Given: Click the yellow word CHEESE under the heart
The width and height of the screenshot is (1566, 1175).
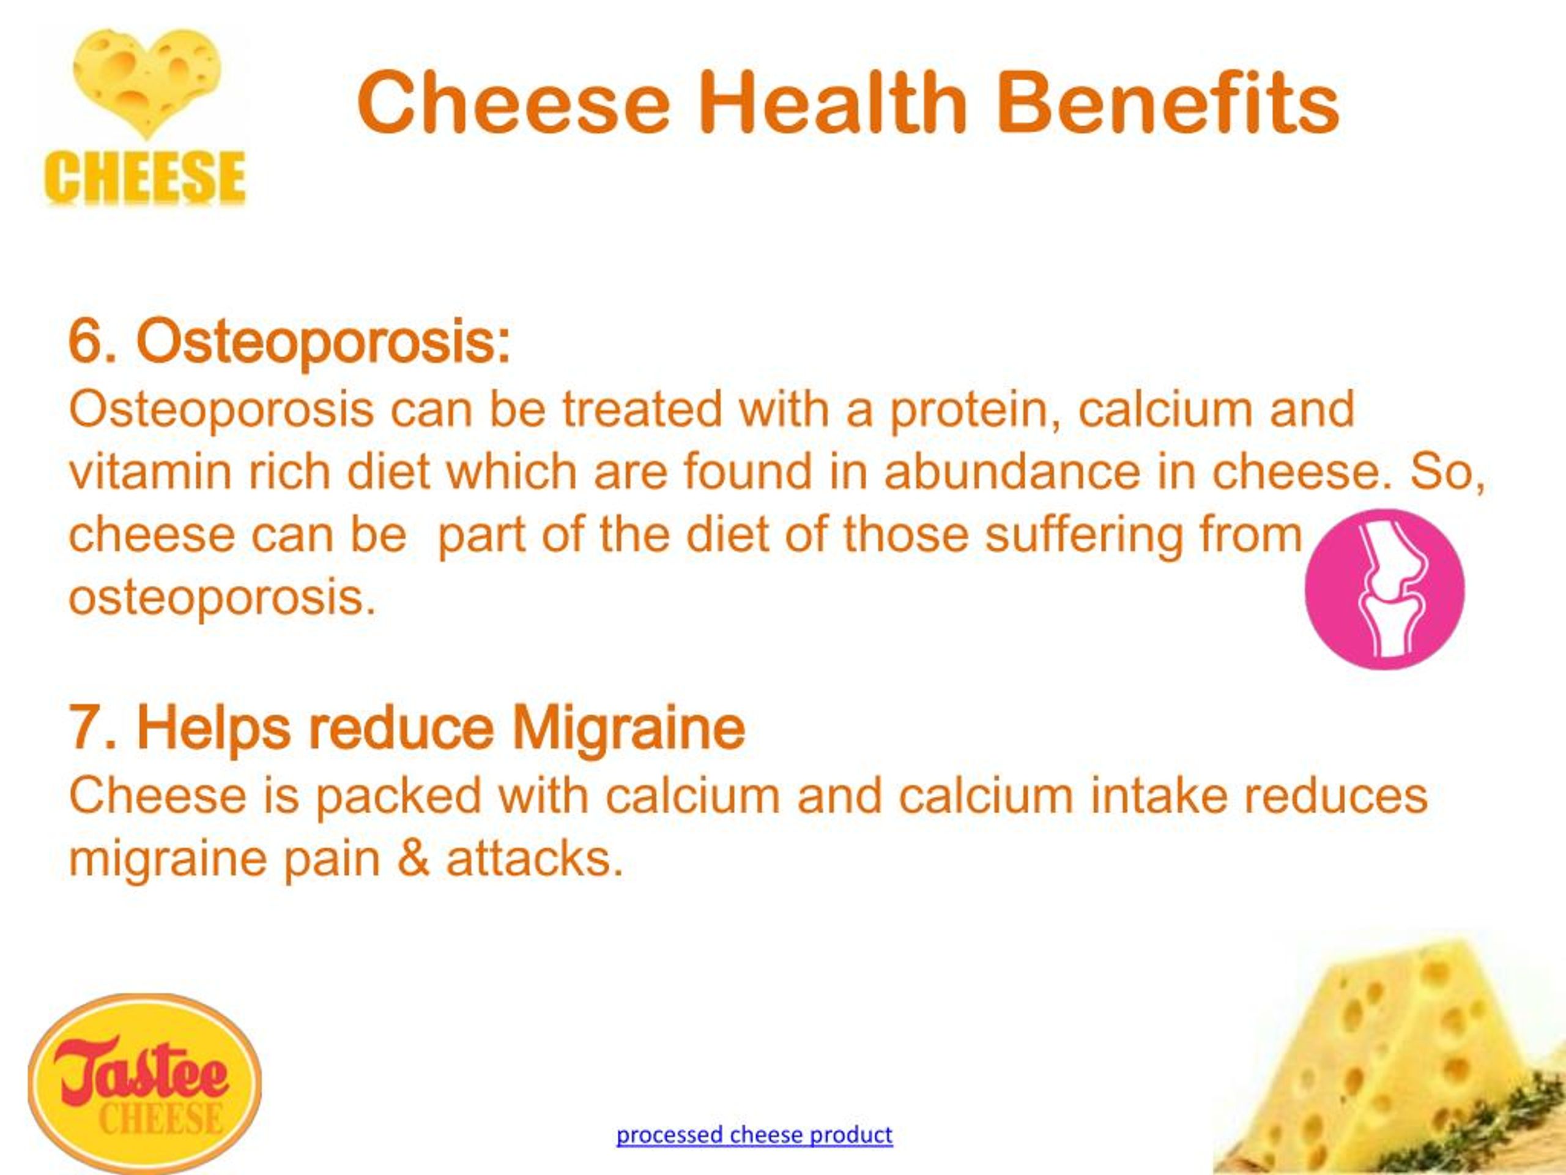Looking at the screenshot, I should click(144, 177).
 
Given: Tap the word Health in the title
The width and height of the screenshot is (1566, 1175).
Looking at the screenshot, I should click(833, 103).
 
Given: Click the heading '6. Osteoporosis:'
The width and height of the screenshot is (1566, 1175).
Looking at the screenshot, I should click(289, 341).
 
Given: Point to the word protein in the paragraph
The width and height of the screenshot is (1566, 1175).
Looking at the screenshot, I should click(975, 410).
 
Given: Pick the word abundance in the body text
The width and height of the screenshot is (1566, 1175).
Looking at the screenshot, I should click(1012, 472).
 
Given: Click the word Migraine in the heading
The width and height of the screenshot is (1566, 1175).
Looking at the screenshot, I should click(628, 728).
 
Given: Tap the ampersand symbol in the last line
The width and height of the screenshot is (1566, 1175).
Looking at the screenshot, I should click(414, 859).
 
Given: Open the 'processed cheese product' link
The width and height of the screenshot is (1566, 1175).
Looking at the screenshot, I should click(754, 1135).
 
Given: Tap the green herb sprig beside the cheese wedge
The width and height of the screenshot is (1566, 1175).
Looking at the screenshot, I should click(1522, 1112).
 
